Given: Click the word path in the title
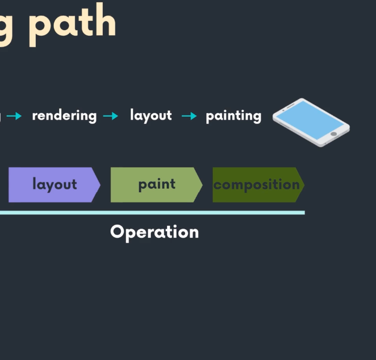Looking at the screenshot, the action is click(x=72, y=23).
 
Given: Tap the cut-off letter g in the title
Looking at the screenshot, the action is click(x=6, y=26).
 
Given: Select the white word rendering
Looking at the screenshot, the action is click(x=64, y=116).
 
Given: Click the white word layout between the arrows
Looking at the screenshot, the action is click(x=151, y=115).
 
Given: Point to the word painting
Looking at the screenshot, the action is click(x=233, y=116).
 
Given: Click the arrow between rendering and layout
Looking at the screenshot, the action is click(x=111, y=116).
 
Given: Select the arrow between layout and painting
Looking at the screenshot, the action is click(x=189, y=116).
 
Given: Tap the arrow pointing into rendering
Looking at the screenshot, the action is click(x=14, y=116).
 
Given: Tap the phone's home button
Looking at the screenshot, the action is click(x=333, y=134).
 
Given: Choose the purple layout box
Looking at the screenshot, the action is click(x=51, y=185).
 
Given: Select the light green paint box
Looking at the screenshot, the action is click(x=153, y=185).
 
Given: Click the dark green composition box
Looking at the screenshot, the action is click(x=256, y=185).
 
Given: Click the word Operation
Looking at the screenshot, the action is click(x=154, y=232).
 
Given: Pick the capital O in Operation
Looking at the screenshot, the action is click(x=117, y=231).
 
